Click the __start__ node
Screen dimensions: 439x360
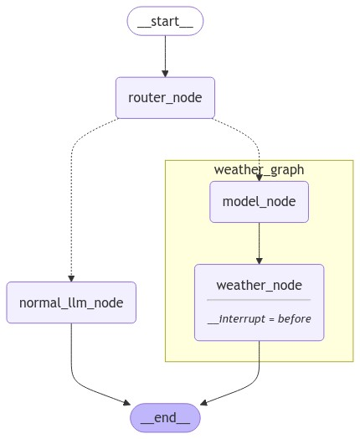coord(165,21)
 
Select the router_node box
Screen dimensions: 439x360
coord(165,98)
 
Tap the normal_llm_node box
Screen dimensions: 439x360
coord(71,302)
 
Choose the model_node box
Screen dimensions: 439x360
coord(259,202)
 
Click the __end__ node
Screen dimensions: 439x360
coord(165,416)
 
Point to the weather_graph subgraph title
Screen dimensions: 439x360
coord(259,170)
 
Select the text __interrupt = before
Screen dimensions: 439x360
coord(259,319)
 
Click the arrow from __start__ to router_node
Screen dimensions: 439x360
coord(165,54)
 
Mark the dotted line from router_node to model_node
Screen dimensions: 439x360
coord(243,138)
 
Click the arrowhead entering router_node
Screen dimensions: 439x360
coord(165,73)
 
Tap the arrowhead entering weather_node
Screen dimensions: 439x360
coord(259,260)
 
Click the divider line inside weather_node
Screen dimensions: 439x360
coord(259,300)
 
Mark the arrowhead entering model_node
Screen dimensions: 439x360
coord(259,177)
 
